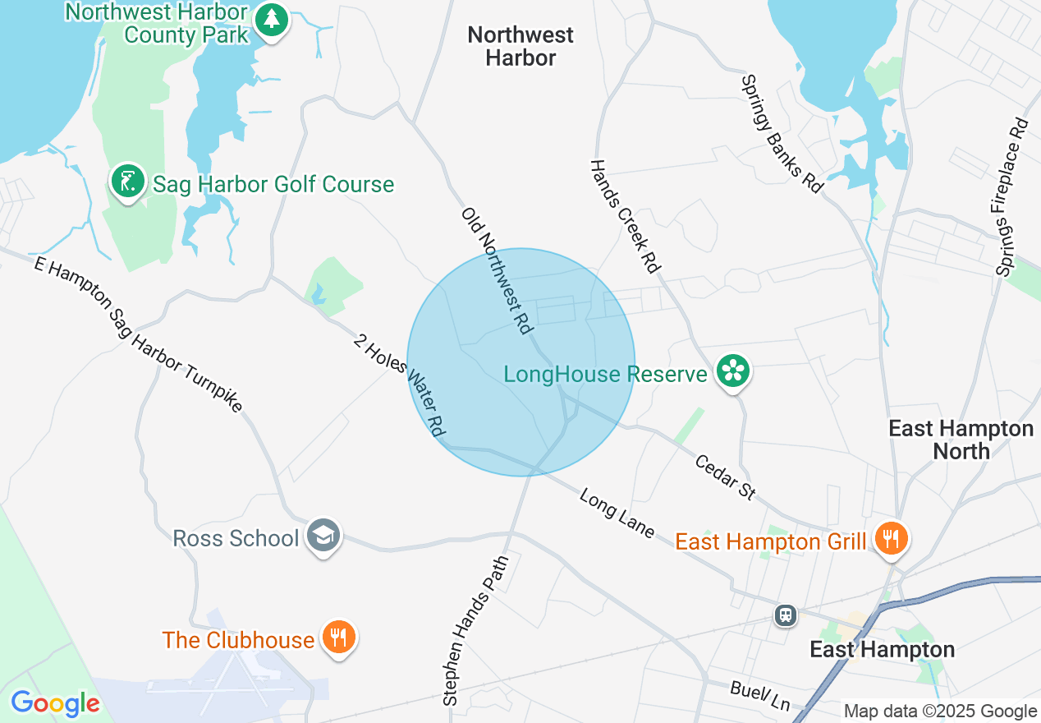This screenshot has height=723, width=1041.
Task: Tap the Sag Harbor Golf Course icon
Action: pyautogui.click(x=128, y=182)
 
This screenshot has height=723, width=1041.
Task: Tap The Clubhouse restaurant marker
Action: pyautogui.click(x=337, y=638)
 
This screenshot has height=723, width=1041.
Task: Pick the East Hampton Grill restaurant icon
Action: pyautogui.click(x=889, y=539)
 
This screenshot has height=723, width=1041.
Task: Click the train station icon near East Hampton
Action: pyautogui.click(x=786, y=615)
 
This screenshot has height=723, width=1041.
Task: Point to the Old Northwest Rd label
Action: pyautogui.click(x=495, y=270)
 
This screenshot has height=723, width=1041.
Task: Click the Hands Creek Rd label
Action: pyautogui.click(x=626, y=216)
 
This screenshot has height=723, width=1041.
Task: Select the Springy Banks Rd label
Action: pyautogui.click(x=782, y=134)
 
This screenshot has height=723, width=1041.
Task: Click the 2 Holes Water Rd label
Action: pyautogui.click(x=400, y=385)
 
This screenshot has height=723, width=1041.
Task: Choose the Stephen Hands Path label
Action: pyautogui.click(x=475, y=630)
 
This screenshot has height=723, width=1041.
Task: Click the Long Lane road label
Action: pyautogui.click(x=617, y=514)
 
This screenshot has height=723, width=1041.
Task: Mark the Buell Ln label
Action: pyautogui.click(x=759, y=695)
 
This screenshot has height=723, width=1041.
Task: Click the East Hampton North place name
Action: pyautogui.click(x=961, y=440)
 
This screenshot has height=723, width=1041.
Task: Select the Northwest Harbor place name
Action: pyautogui.click(x=520, y=46)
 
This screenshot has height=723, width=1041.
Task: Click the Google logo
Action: pyautogui.click(x=55, y=703)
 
